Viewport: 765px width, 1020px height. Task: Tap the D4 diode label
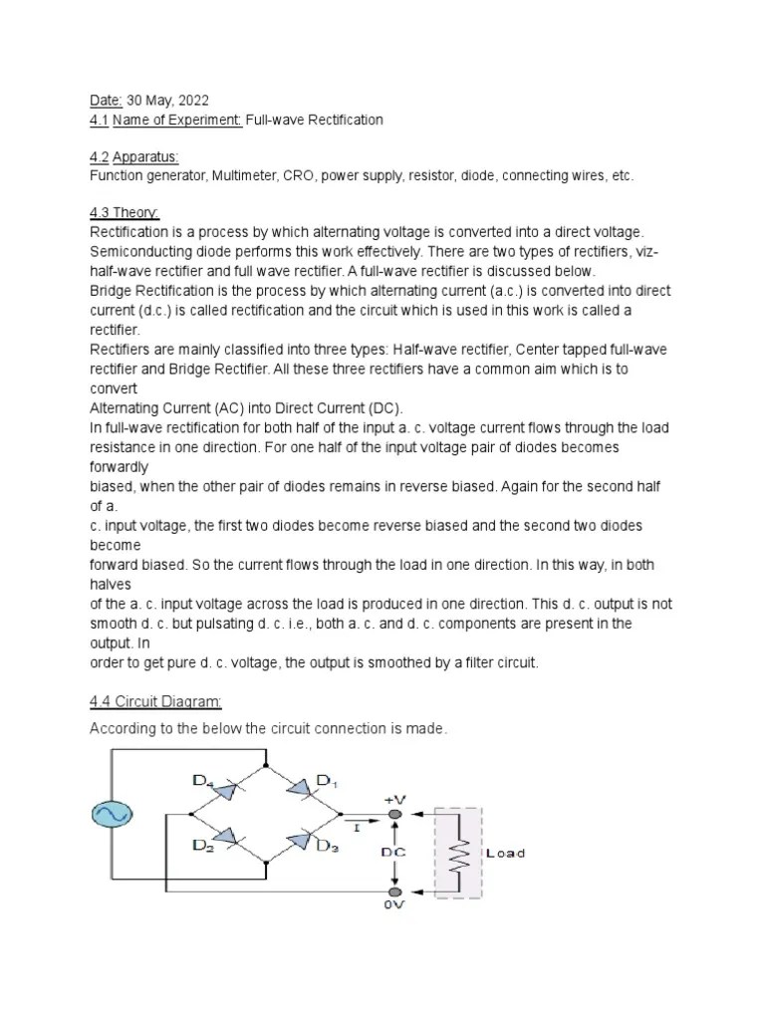(205, 783)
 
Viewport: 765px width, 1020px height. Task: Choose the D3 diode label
(327, 847)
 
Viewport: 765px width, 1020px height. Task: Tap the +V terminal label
(395, 799)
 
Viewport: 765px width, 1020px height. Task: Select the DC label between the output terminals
(394, 853)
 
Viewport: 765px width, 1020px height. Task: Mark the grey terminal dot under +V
(395, 815)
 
